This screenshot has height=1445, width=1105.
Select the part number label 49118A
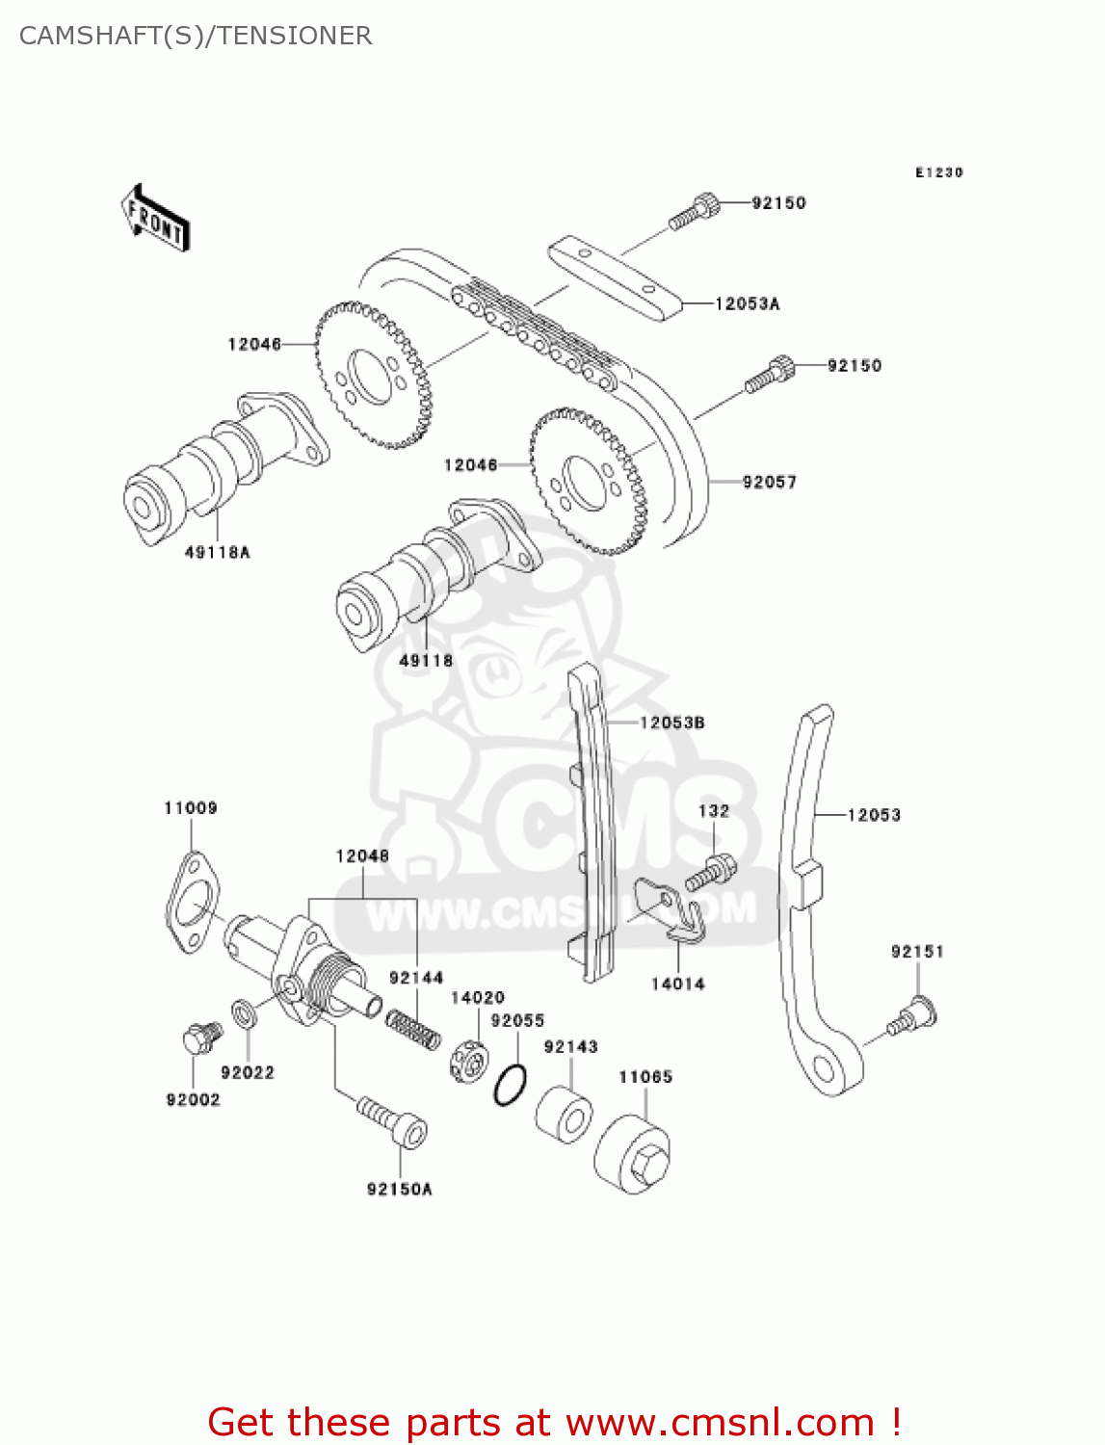click(x=217, y=552)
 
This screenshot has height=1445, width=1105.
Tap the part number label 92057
click(x=769, y=482)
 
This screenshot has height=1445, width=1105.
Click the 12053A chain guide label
click(x=747, y=303)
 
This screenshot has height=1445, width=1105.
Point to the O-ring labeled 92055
click(x=510, y=1086)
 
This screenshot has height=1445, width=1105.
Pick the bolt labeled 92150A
click(x=393, y=1121)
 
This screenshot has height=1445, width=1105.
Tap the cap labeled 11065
click(x=633, y=1155)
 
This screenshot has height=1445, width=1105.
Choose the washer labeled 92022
click(x=243, y=1013)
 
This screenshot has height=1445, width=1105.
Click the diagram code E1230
click(x=938, y=172)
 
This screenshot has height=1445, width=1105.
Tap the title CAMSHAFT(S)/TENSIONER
click(x=196, y=36)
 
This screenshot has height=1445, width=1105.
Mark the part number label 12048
click(x=362, y=855)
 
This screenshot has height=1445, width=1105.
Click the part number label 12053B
click(x=671, y=722)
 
